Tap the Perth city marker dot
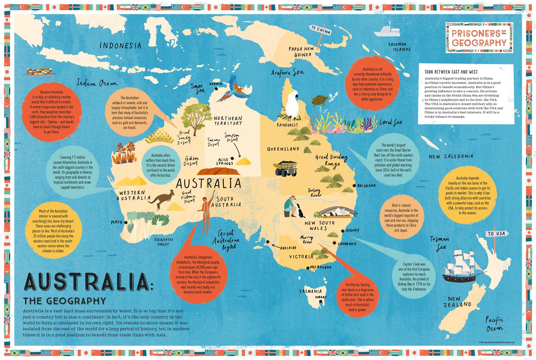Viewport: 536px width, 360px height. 126,222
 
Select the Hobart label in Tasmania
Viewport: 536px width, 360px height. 321,297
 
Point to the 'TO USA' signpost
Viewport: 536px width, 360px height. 496,234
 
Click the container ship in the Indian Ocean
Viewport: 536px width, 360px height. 39,72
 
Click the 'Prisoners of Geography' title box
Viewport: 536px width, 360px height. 479,38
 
